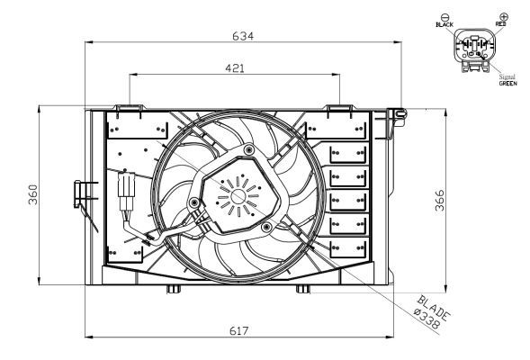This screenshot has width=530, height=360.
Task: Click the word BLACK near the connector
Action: click(x=444, y=24)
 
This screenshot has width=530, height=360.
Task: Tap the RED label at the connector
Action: click(x=500, y=24)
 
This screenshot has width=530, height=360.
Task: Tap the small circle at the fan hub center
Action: click(x=238, y=193)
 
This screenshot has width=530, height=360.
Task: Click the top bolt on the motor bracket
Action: click(x=247, y=148)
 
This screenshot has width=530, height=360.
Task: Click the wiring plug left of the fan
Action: click(x=125, y=190)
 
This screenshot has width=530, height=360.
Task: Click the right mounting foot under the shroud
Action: click(x=307, y=289)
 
